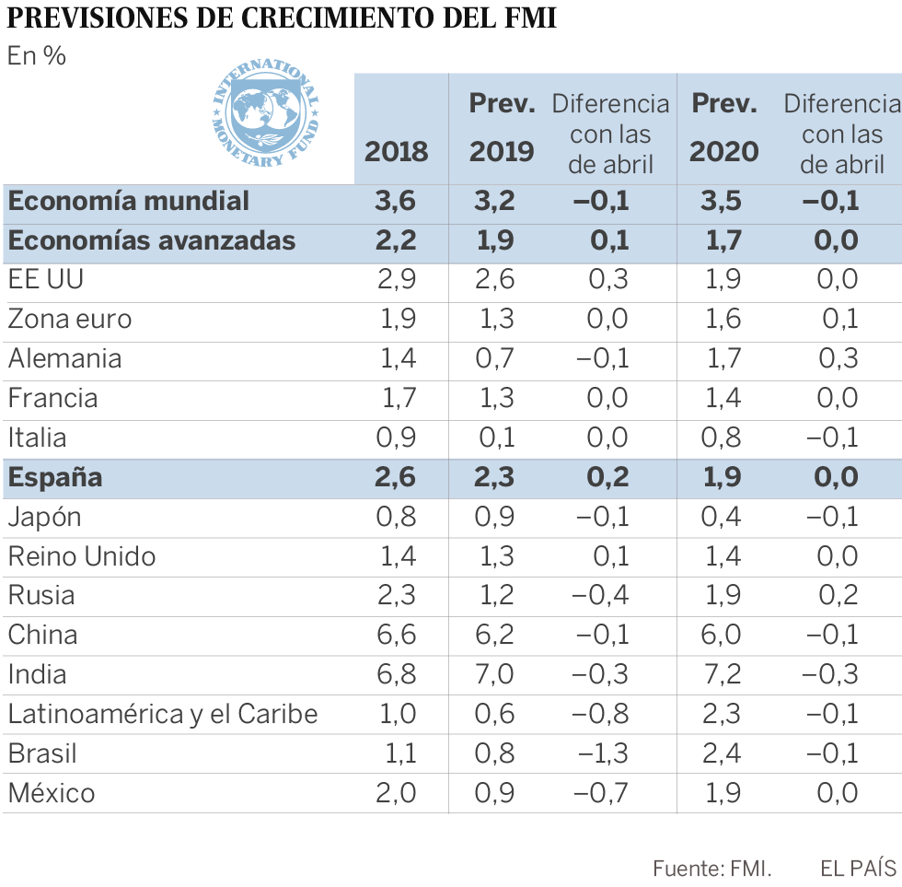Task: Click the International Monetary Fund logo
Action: (x=265, y=114)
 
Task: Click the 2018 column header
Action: (x=397, y=151)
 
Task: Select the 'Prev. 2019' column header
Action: (x=502, y=127)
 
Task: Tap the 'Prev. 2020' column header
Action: (x=724, y=127)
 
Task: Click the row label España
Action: (x=55, y=477)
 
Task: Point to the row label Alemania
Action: (x=64, y=358)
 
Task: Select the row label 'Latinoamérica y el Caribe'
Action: (x=163, y=714)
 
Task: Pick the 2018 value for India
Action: (x=397, y=674)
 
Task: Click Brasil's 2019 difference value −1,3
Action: (x=603, y=753)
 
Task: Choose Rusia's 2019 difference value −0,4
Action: (x=600, y=595)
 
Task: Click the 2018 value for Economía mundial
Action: (x=397, y=200)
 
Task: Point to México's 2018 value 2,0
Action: (x=397, y=793)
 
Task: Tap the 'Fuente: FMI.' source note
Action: (x=711, y=868)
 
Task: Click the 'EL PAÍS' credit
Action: (x=858, y=868)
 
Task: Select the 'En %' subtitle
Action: (x=37, y=56)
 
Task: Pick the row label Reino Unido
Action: (x=82, y=556)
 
